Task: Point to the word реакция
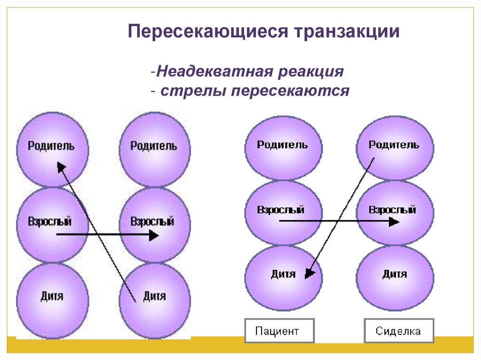[x=313, y=73]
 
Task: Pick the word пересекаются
[x=290, y=91]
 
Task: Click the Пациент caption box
[x=277, y=331]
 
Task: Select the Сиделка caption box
[x=398, y=331]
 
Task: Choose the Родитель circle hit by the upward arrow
[x=52, y=148]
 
